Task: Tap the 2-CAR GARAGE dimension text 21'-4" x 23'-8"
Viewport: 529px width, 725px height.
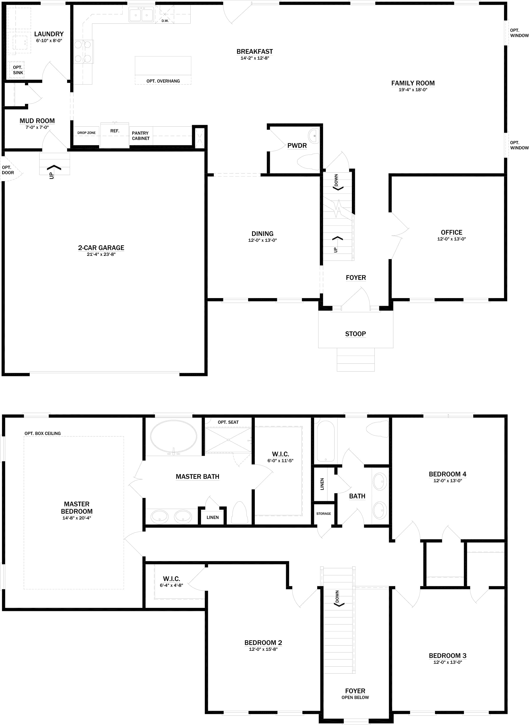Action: (101, 254)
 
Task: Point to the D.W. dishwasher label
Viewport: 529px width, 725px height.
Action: (165, 21)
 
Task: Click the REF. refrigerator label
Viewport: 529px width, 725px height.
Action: (115, 131)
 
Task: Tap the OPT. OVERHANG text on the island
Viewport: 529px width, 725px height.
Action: (163, 81)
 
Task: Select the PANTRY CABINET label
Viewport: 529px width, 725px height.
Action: (141, 136)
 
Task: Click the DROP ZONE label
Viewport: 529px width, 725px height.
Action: (86, 133)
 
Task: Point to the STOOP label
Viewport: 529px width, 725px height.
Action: (355, 334)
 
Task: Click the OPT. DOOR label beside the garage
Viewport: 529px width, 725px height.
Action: (8, 170)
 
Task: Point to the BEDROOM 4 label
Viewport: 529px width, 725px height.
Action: (447, 474)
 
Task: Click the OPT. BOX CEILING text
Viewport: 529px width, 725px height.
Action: (43, 433)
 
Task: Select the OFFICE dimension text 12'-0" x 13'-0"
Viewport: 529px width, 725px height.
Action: (451, 239)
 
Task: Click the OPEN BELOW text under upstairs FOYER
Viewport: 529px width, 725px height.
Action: (355, 697)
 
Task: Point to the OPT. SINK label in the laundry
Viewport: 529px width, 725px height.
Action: (18, 70)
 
